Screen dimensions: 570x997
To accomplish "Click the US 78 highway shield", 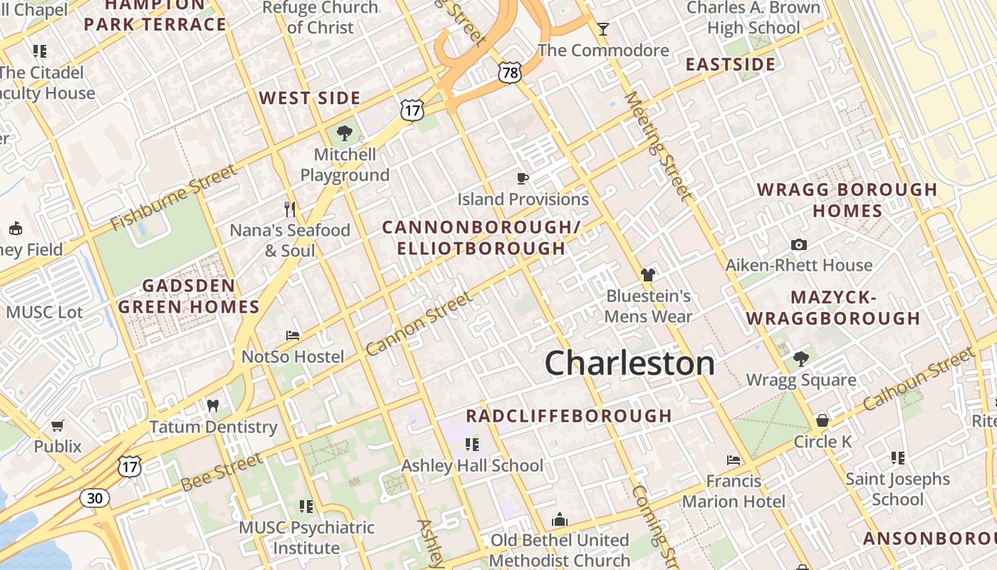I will pos(510,71).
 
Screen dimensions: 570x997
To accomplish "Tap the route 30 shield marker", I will pos(95,497).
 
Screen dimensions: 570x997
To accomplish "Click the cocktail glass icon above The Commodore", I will pos(603,28).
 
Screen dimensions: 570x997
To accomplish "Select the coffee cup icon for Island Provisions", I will pos(523,178).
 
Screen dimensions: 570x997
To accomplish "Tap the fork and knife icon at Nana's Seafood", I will pos(289,209).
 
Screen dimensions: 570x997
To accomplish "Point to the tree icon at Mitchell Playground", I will pos(345,133).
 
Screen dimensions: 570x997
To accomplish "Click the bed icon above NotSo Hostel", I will pos(293,335).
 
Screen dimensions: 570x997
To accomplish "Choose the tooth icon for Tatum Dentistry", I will pos(212,405).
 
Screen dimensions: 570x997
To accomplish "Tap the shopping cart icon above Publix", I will pos(58,425).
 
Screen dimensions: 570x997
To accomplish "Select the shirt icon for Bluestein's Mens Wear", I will pos(647,274).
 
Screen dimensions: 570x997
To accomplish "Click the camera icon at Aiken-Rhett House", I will pos(799,244).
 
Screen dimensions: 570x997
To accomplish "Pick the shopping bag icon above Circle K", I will pos(823,420).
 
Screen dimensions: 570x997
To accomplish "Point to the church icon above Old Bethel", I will pos(560,519).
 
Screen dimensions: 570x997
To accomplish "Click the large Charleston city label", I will pos(630,363).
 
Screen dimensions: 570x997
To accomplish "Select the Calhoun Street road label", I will pos(919,378).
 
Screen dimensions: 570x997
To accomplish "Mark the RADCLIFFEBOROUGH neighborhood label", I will pos(569,415).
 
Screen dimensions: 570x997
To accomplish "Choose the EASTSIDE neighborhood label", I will pos(731,65).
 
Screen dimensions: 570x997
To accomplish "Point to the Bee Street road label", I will pos(221,472).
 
